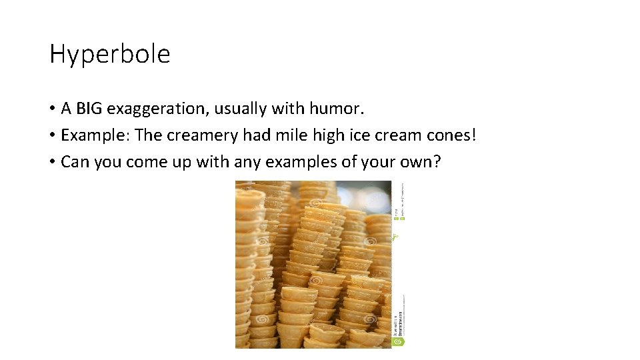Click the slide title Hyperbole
110,54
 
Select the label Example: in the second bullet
95,135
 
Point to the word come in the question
147,162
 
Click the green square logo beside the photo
399,342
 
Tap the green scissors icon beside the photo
395,236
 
